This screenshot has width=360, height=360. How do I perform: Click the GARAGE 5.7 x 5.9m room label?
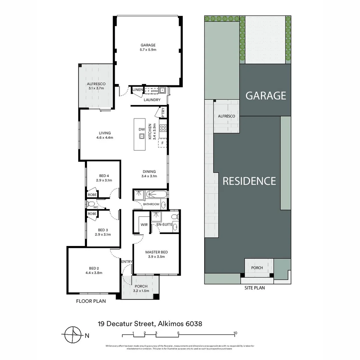[148, 47]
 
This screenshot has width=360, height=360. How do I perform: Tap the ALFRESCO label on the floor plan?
[96, 86]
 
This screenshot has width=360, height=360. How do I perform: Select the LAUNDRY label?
[152, 100]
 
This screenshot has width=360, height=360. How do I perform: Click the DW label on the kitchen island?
[141, 129]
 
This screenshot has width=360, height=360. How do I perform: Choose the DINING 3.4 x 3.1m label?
[149, 174]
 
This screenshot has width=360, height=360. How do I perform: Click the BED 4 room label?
[104, 178]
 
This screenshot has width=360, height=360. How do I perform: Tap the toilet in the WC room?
[90, 204]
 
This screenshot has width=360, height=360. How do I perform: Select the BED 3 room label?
[103, 232]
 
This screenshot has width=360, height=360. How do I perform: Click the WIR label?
[144, 225]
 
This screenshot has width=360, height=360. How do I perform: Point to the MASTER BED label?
[156, 254]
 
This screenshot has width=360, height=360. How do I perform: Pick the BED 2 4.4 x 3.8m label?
[94, 270]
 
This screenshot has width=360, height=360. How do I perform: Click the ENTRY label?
[127, 262]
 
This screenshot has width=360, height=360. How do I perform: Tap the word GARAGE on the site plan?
[266, 96]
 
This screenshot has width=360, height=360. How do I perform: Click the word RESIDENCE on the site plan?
[249, 181]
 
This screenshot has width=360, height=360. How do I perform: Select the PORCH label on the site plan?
[257, 268]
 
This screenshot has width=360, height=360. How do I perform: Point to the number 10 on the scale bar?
[235, 333]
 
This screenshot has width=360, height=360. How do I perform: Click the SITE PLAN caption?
[255, 288]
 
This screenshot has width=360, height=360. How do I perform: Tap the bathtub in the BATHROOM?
[155, 194]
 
